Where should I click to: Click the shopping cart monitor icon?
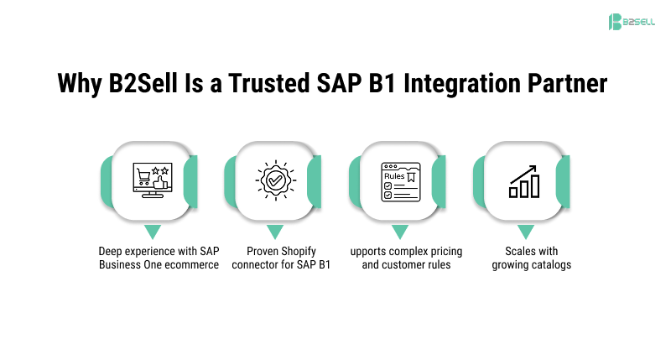151,180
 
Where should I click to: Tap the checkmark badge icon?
275,180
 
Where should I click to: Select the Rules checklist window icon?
399,180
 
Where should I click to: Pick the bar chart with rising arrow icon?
524,180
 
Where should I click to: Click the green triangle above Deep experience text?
151,231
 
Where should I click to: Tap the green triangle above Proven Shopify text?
275,231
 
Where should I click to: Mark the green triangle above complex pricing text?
400,231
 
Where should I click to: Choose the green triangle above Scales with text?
525,231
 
